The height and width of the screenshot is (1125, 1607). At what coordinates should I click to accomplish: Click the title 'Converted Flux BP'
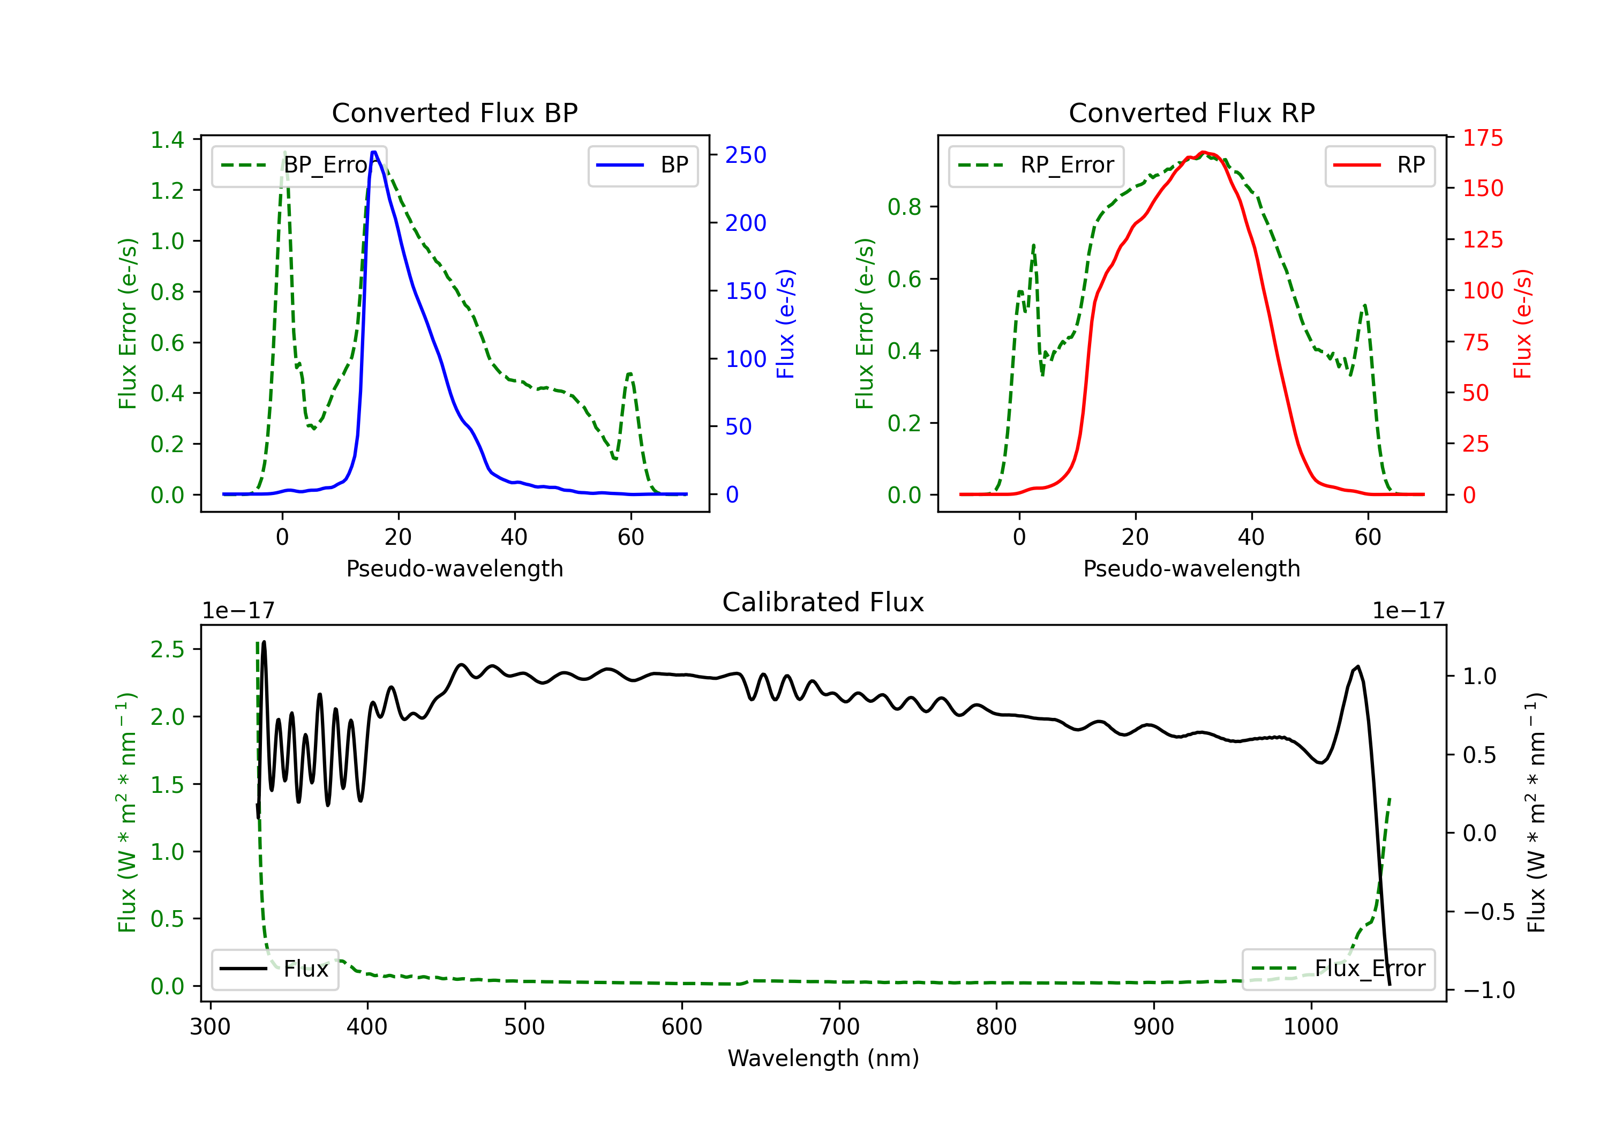click(454, 112)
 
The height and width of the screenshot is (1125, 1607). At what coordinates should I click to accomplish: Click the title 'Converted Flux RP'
click(1191, 112)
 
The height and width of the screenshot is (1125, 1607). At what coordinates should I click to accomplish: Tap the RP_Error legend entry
click(1036, 165)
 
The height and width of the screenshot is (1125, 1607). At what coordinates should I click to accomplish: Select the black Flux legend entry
click(274, 969)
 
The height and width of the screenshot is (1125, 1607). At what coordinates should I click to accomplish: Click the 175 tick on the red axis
click(1482, 138)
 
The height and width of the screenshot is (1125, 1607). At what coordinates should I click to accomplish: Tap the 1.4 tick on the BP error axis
click(167, 139)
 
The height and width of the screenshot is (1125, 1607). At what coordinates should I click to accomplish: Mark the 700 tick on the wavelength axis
click(839, 1027)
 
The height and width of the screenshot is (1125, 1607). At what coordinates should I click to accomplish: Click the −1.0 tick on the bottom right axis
click(1488, 990)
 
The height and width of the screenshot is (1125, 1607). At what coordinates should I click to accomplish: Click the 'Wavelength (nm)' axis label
click(823, 1058)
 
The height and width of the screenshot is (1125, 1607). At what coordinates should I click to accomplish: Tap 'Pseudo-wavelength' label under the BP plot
click(454, 568)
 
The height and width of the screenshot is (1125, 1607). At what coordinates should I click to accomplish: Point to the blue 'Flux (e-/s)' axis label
click(785, 324)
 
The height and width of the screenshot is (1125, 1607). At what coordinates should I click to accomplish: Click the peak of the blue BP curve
click(374, 152)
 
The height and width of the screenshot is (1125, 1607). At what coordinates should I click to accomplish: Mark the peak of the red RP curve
click(1203, 152)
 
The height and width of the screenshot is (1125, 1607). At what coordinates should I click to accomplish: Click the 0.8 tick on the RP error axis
click(904, 207)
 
